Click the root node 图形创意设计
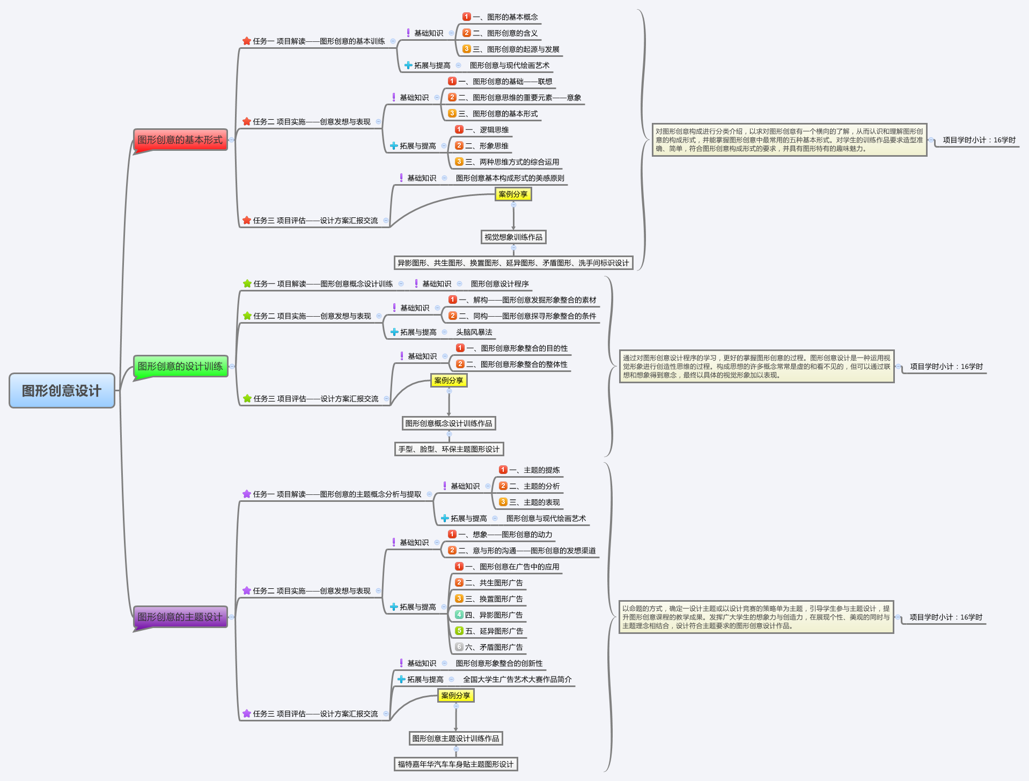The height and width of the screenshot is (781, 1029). pyautogui.click(x=62, y=391)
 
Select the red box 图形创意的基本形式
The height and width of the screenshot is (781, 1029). pyautogui.click(x=180, y=140)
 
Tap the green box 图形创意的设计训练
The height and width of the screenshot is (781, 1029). pyautogui.click(x=180, y=367)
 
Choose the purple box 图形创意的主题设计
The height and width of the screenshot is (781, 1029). pyautogui.click(x=180, y=617)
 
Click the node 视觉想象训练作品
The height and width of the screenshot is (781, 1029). pyautogui.click(x=513, y=237)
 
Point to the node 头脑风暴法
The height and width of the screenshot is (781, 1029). pyautogui.click(x=474, y=332)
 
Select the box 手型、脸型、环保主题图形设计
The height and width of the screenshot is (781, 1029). pyautogui.click(x=449, y=449)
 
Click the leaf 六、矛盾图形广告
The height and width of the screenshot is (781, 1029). pyautogui.click(x=494, y=647)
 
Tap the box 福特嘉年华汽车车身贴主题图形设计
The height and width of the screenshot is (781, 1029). pyautogui.click(x=455, y=764)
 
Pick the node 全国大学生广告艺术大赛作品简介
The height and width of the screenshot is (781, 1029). pyautogui.click(x=517, y=680)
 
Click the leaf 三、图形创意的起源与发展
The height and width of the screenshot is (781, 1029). pyautogui.click(x=516, y=49)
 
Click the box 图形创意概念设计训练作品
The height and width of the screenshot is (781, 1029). pyautogui.click(x=449, y=424)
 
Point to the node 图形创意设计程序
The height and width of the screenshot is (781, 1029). pyautogui.click(x=499, y=284)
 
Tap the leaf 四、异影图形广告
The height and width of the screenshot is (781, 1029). pyautogui.click(x=494, y=615)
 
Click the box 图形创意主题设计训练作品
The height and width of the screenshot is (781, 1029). pyautogui.click(x=455, y=739)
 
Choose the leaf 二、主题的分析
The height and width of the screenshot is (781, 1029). pyautogui.click(x=534, y=486)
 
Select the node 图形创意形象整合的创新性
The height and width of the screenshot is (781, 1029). pyautogui.click(x=499, y=663)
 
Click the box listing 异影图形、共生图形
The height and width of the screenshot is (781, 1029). pyautogui.click(x=513, y=263)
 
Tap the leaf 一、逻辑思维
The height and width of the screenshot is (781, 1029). pyautogui.click(x=487, y=130)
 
